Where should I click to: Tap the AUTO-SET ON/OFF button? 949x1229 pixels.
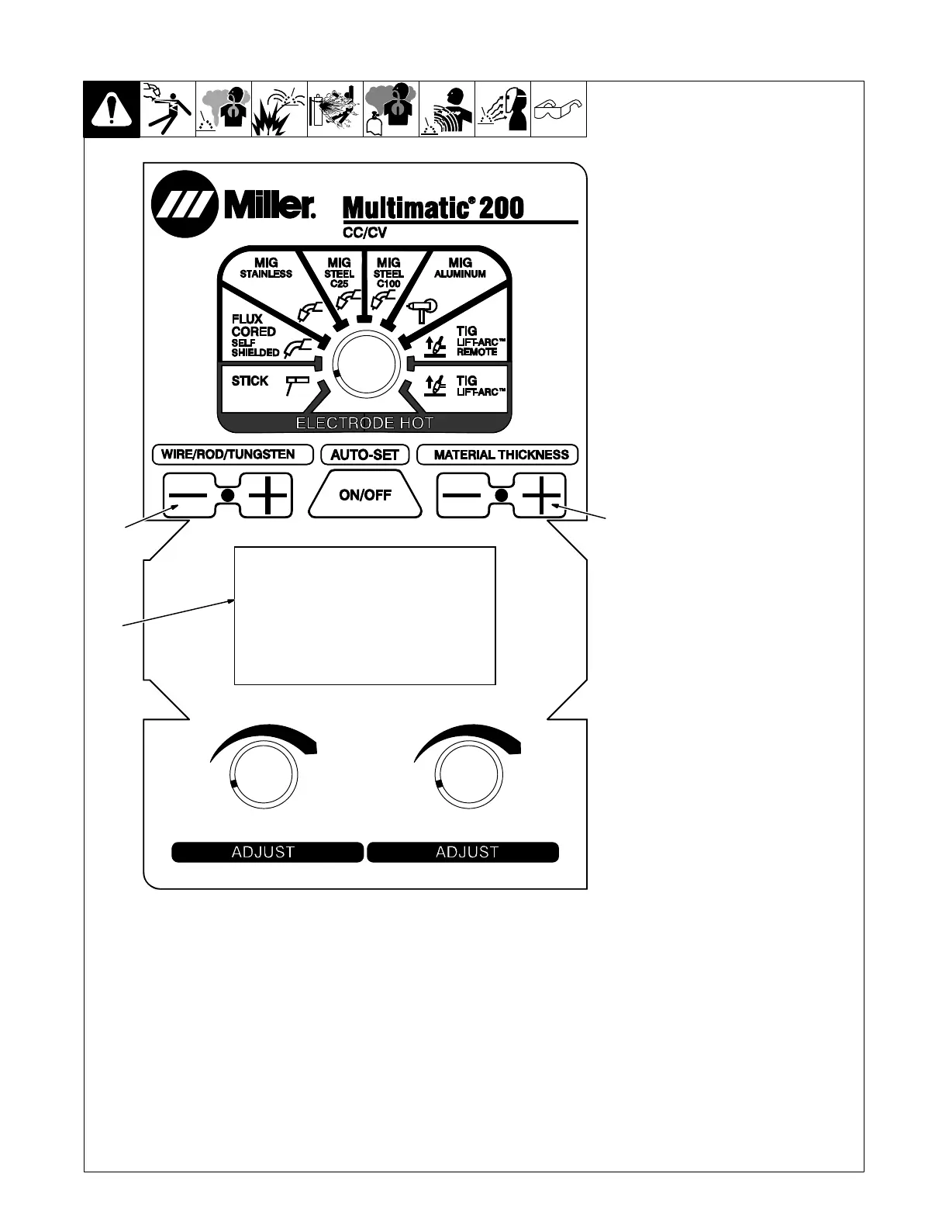[365, 495]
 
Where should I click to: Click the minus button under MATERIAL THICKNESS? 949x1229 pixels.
[462, 495]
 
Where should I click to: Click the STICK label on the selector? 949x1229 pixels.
[250, 381]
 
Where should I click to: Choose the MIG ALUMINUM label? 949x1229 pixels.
[460, 268]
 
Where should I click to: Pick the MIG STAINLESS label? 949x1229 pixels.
[266, 268]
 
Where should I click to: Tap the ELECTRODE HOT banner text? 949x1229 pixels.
[364, 423]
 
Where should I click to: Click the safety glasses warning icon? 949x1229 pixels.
[558, 109]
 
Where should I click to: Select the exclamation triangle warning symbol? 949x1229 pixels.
[112, 110]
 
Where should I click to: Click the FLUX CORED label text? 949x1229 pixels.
[253, 325]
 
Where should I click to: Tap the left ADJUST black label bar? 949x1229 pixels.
[267, 852]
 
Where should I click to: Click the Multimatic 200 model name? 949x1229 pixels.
[433, 208]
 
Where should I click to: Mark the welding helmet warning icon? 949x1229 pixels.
[502, 109]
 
